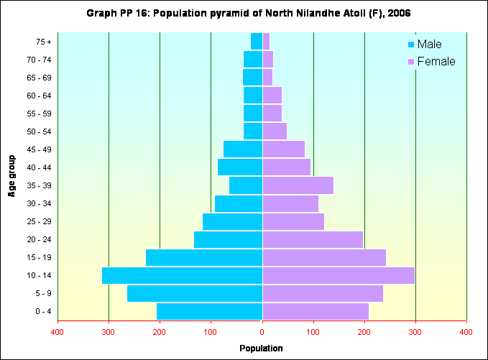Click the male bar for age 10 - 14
click(x=182, y=275)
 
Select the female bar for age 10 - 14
click(x=339, y=275)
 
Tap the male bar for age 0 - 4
click(x=209, y=311)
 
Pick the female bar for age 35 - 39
click(x=298, y=185)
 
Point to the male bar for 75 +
click(x=257, y=42)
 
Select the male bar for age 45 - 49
click(x=243, y=149)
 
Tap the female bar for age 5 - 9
click(x=323, y=293)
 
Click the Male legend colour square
click(x=411, y=45)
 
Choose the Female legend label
click(x=436, y=62)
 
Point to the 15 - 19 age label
click(x=36, y=257)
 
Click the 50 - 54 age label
click(x=36, y=131)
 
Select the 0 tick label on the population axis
click(x=262, y=331)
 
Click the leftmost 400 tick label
click(x=57, y=331)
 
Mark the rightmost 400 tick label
click(x=466, y=331)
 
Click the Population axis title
click(x=262, y=349)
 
